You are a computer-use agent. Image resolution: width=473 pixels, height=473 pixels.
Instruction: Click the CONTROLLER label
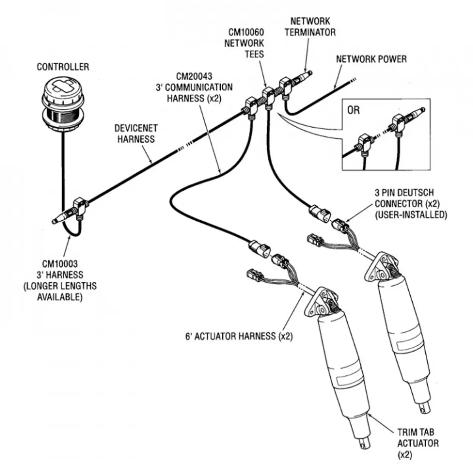pyautogui.click(x=63, y=67)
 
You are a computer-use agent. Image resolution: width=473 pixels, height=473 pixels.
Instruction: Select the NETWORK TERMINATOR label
pyautogui.click(x=310, y=26)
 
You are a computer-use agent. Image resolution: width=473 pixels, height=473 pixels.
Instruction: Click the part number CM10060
pyautogui.click(x=246, y=32)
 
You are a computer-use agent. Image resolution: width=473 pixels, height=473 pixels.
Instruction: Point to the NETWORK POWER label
pyautogui.click(x=371, y=59)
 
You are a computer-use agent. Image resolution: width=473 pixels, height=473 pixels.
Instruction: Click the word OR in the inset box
pyautogui.click(x=354, y=110)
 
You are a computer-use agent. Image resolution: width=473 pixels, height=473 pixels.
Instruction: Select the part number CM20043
pyautogui.click(x=194, y=76)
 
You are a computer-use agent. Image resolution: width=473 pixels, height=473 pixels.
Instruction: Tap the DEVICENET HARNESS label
pyautogui.click(x=136, y=134)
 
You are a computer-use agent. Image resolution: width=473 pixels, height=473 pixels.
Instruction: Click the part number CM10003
pyautogui.click(x=60, y=264)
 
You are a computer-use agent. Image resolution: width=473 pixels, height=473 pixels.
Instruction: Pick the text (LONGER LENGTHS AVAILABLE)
pyautogui.click(x=60, y=291)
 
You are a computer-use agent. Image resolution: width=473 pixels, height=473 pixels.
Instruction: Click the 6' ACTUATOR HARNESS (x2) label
pyautogui.click(x=239, y=336)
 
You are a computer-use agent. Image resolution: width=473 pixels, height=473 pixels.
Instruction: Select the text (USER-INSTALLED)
pyautogui.click(x=410, y=215)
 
